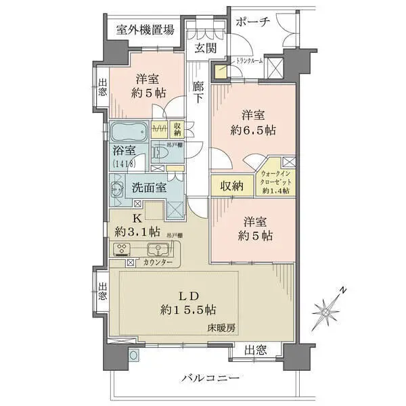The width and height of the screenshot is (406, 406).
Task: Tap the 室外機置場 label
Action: (144, 30)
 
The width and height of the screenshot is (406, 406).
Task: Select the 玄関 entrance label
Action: (206, 48)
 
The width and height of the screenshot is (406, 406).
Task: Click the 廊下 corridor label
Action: (198, 92)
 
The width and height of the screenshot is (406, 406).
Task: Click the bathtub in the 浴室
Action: (128, 130)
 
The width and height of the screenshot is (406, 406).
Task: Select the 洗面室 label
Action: (149, 188)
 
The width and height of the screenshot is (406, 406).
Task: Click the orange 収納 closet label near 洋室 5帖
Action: (230, 187)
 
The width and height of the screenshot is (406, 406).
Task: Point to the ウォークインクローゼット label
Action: (276, 181)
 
